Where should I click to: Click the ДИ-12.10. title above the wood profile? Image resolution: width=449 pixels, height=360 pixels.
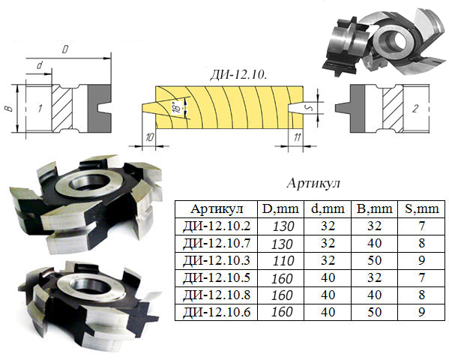click(238, 75)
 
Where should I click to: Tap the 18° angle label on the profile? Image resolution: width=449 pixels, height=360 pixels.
click(178, 107)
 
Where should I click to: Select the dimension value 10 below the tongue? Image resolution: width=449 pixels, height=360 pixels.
click(149, 137)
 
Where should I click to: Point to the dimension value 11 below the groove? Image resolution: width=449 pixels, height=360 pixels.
click(298, 137)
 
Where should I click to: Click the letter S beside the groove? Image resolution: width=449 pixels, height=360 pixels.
click(309, 108)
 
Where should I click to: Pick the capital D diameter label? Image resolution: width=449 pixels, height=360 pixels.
click(65, 49)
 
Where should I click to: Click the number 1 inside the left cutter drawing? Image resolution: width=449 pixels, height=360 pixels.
click(40, 108)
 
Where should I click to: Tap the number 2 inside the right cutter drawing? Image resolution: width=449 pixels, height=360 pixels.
click(415, 108)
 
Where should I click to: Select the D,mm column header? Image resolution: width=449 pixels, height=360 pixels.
click(280, 209)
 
